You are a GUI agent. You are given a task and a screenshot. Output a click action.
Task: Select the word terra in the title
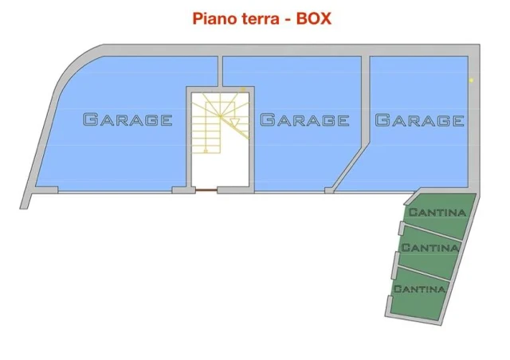[x=261, y=19]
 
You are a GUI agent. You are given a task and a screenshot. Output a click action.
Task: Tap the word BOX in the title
[x=313, y=18]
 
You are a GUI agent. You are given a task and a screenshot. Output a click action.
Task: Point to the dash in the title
[x=288, y=20]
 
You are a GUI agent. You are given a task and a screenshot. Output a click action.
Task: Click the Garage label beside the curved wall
[x=127, y=119]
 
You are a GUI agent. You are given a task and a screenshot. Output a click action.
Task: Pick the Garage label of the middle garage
[x=304, y=119]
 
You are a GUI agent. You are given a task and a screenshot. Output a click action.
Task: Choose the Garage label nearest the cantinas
[x=420, y=120]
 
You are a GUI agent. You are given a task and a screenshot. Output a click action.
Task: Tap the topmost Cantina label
[x=437, y=213]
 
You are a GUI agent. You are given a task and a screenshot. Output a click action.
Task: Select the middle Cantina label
[x=430, y=248]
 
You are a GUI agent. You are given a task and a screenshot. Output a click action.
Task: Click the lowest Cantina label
[x=420, y=289]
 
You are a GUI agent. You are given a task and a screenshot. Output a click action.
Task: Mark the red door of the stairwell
[x=206, y=190]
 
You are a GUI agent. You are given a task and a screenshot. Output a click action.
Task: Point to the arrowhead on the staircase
[x=234, y=123]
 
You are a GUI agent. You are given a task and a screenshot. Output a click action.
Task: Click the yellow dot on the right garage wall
[x=471, y=80]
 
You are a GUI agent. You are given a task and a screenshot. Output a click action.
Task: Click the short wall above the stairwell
[x=220, y=71]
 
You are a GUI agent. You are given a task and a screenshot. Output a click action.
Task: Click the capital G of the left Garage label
[x=90, y=119]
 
